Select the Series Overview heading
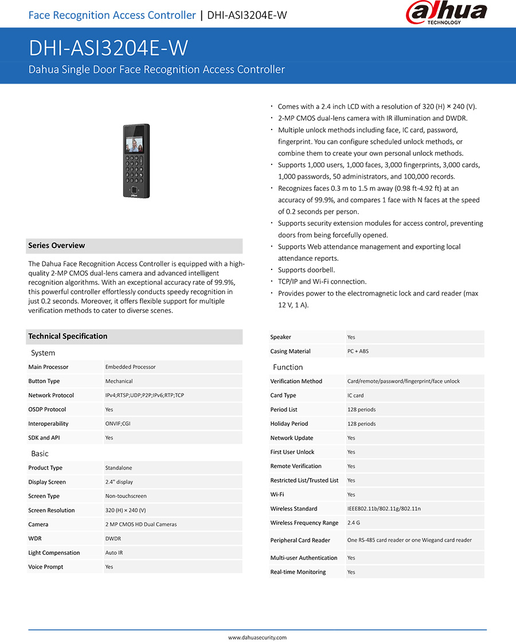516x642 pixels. pyautogui.click(x=57, y=245)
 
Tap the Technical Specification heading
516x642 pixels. pyautogui.click(x=68, y=336)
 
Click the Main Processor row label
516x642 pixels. pyautogui.click(x=48, y=367)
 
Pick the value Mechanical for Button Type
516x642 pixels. pyautogui.click(x=119, y=381)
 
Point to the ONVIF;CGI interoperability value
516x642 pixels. pyautogui.click(x=118, y=424)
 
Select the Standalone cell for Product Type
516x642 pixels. pyautogui.click(x=119, y=468)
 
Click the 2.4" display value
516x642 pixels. pyautogui.click(x=119, y=482)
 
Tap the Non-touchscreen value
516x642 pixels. pyautogui.click(x=126, y=496)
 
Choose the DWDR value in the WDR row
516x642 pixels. pyautogui.click(x=113, y=538)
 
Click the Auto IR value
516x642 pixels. pyautogui.click(x=114, y=553)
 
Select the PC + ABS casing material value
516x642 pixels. pyautogui.click(x=358, y=351)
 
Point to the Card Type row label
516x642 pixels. pyautogui.click(x=283, y=396)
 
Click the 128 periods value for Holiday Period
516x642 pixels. pyautogui.click(x=362, y=424)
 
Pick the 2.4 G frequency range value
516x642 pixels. pyautogui.click(x=354, y=523)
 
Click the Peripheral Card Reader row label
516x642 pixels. pyautogui.click(x=300, y=540)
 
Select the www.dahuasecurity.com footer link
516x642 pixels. pyautogui.click(x=257, y=637)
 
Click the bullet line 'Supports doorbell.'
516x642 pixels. pyautogui.click(x=306, y=270)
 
